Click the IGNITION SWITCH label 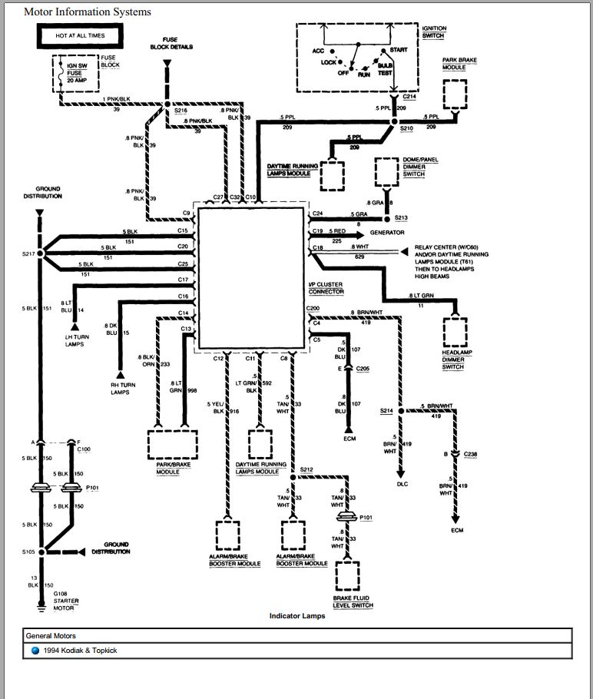[434, 32]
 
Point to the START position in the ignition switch [398, 50]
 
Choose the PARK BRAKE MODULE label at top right [454, 63]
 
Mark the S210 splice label [407, 128]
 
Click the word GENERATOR [387, 232]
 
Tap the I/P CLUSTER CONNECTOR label [326, 288]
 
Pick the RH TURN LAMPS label [121, 389]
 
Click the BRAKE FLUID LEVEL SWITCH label [353, 601]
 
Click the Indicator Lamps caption [296, 616]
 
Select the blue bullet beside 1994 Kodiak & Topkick [35, 651]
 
